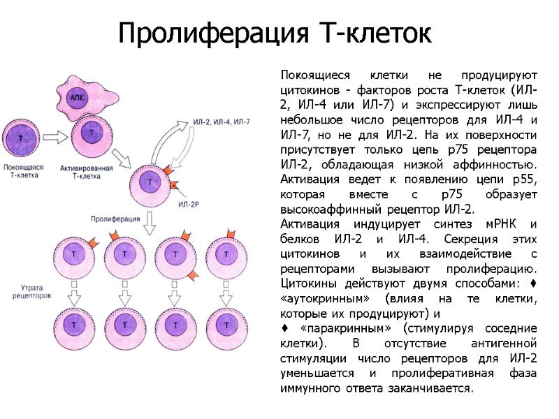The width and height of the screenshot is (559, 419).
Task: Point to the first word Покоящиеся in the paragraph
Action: (310, 74)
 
